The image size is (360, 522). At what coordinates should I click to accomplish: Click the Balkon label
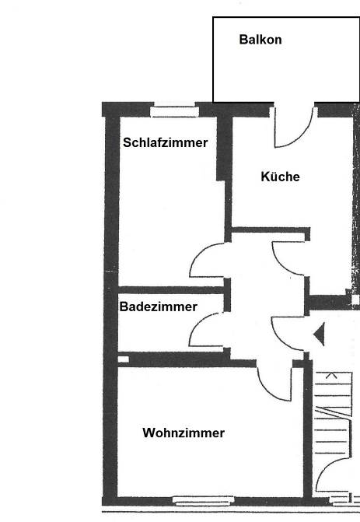[x=260, y=40]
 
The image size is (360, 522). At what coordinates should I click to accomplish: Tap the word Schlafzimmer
[x=166, y=142]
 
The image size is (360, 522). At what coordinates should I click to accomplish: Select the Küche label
[x=280, y=177]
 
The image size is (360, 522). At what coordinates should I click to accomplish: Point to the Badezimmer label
[x=159, y=307]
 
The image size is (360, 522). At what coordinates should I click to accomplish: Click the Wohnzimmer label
[x=183, y=433]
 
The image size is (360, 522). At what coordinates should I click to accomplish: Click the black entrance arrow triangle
[x=319, y=334]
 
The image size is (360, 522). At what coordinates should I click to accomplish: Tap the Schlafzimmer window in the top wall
[x=174, y=111]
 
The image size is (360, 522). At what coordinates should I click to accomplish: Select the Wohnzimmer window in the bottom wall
[x=203, y=501]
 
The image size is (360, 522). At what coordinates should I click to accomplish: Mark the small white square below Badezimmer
[x=124, y=359]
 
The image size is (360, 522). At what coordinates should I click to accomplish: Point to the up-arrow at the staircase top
[x=330, y=376]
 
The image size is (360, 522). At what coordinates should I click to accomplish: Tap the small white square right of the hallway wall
[x=355, y=300]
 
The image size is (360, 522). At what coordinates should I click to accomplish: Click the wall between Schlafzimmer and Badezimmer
[x=171, y=290]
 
